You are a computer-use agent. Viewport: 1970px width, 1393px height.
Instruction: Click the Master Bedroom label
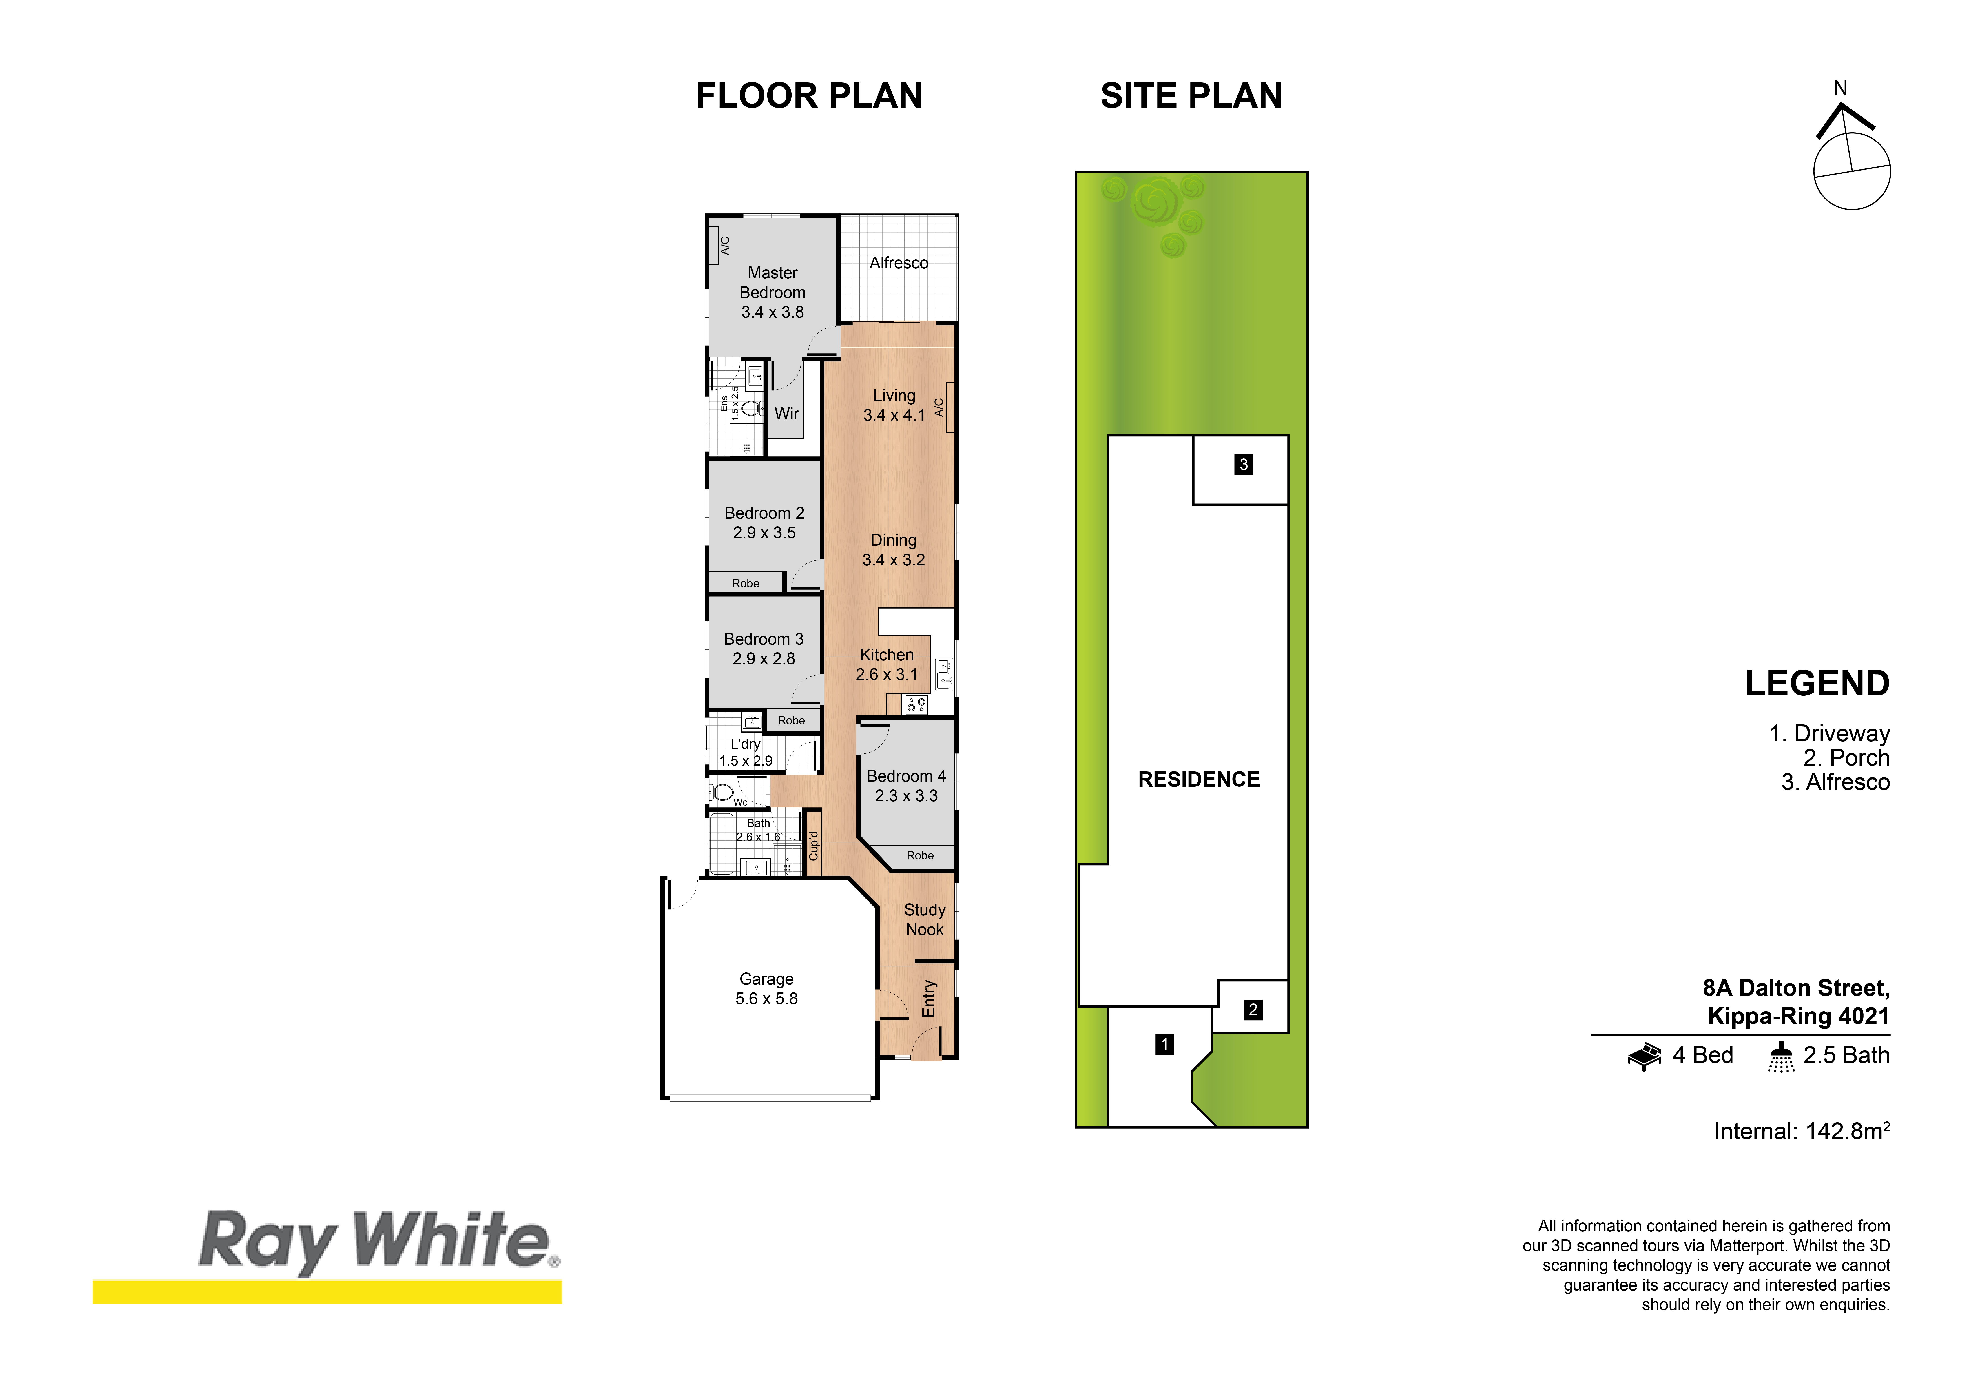(772, 292)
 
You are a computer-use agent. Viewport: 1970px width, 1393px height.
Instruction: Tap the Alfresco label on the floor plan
(898, 263)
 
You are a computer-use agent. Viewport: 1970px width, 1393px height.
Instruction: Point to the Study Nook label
(924, 919)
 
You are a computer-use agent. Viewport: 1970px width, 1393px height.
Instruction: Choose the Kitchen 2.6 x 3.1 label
(886, 664)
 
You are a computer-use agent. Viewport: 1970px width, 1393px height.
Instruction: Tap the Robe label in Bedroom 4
(920, 856)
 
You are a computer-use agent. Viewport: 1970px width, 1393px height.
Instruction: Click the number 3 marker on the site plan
(1243, 464)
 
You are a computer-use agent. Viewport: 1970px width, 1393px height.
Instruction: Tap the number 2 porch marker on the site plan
(1253, 1009)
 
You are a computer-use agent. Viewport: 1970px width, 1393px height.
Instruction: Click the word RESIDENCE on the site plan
(1199, 779)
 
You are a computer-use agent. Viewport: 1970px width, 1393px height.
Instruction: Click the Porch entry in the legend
(1846, 758)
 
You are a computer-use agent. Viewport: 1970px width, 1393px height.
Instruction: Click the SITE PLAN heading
(1191, 95)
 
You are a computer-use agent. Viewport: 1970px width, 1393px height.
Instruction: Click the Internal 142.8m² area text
(1802, 1131)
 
